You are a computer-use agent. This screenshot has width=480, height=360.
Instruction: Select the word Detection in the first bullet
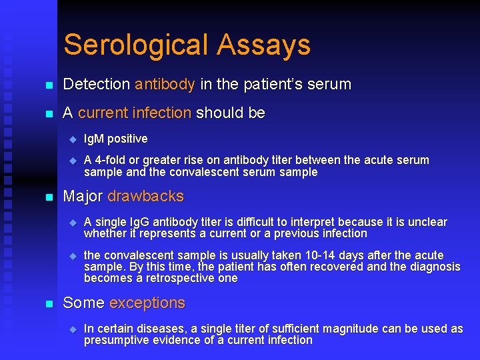click(96, 85)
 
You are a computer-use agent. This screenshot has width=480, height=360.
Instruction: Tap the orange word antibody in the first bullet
click(165, 85)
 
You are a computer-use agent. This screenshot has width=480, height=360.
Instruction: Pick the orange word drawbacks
click(145, 197)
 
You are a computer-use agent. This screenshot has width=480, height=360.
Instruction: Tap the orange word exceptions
click(147, 303)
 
